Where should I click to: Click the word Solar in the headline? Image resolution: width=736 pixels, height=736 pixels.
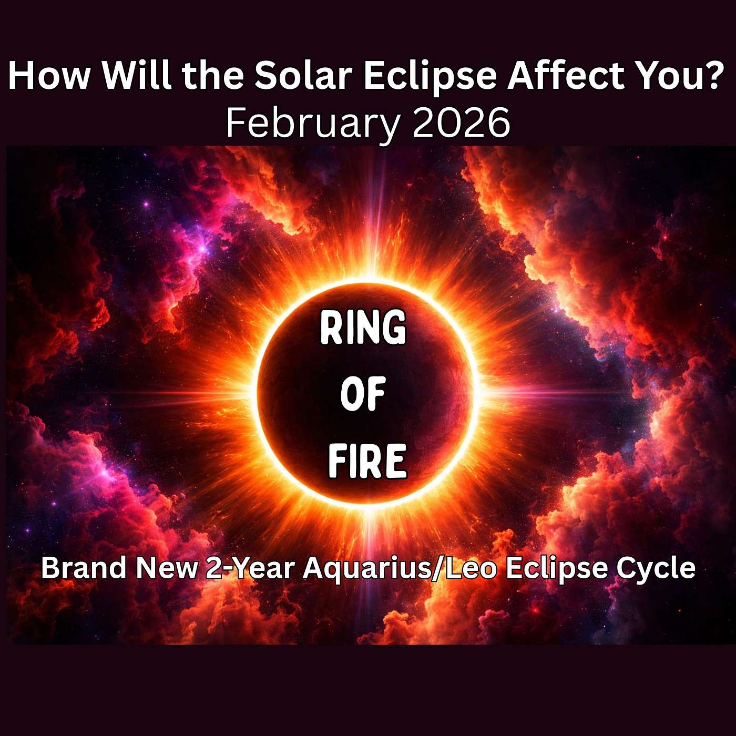(303, 76)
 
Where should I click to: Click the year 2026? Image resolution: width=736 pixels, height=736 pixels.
(461, 123)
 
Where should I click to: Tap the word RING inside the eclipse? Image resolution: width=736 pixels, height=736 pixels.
(363, 327)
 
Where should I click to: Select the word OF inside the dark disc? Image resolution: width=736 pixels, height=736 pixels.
(363, 394)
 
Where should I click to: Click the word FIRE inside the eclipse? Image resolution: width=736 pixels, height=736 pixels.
(367, 461)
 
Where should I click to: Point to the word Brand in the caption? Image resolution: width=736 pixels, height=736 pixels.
(84, 568)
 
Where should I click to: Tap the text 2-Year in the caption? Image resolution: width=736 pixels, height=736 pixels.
(249, 569)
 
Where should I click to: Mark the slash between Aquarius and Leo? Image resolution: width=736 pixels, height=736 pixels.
(436, 569)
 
